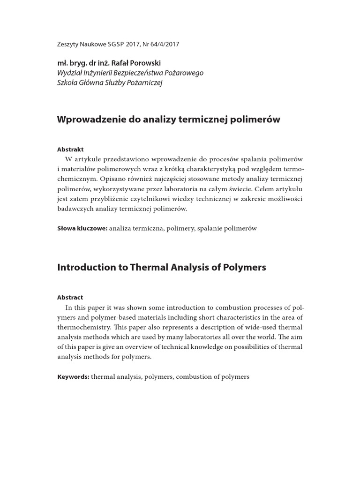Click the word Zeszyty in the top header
[67, 45]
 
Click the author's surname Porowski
[146, 63]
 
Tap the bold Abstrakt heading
[70, 150]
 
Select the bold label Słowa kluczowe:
[82, 228]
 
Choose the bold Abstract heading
[70, 298]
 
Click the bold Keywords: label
[73, 377]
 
